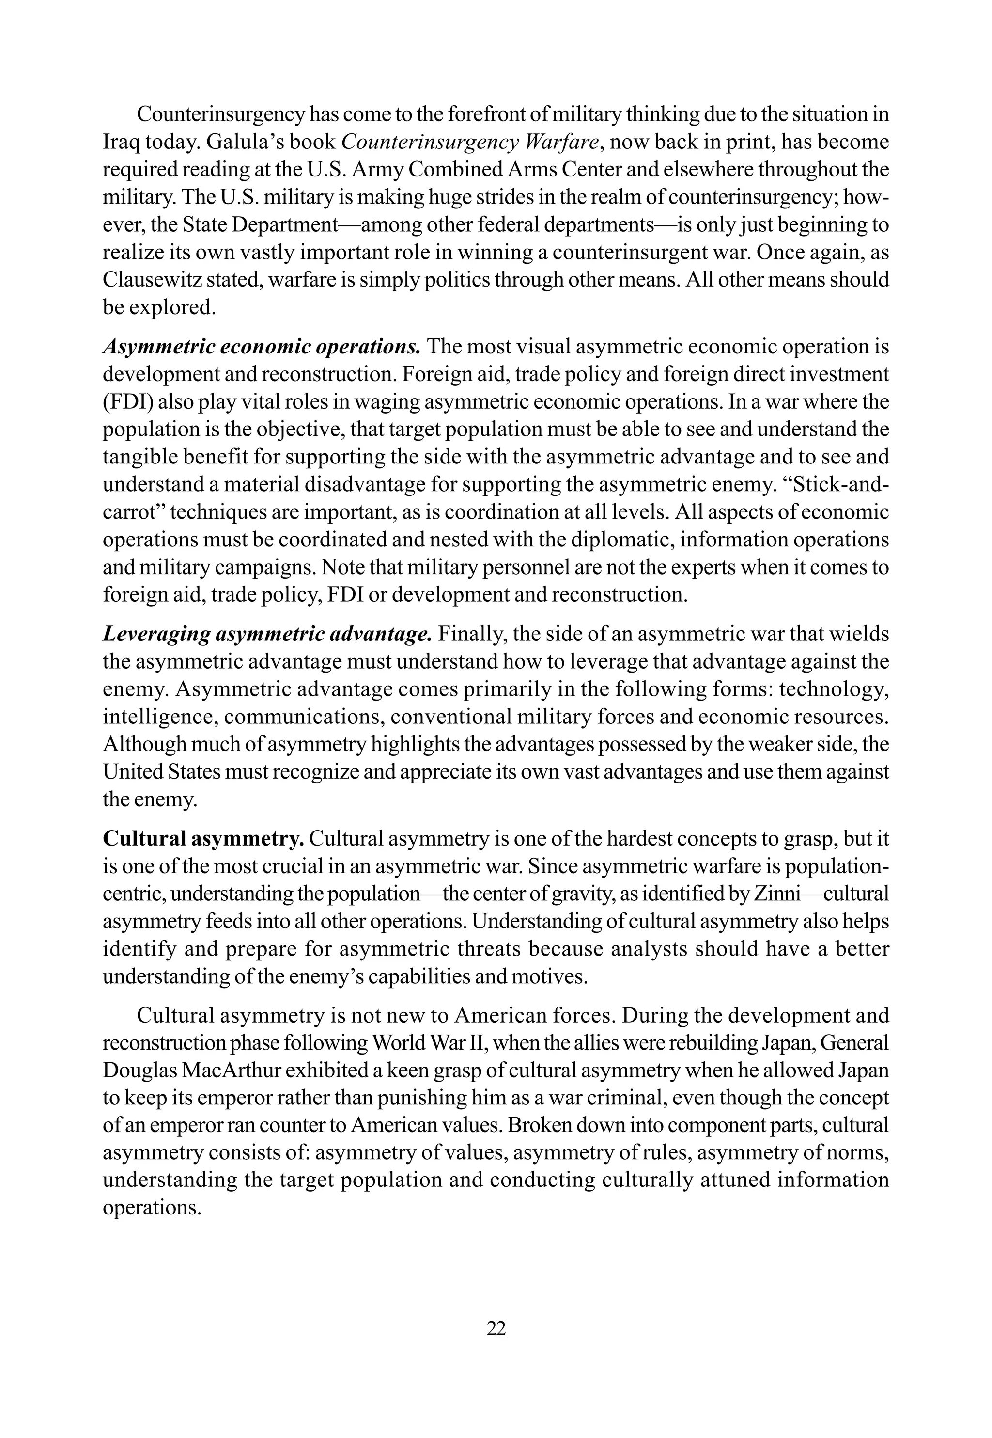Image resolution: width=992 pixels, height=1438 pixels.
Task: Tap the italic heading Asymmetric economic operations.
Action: (x=263, y=347)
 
